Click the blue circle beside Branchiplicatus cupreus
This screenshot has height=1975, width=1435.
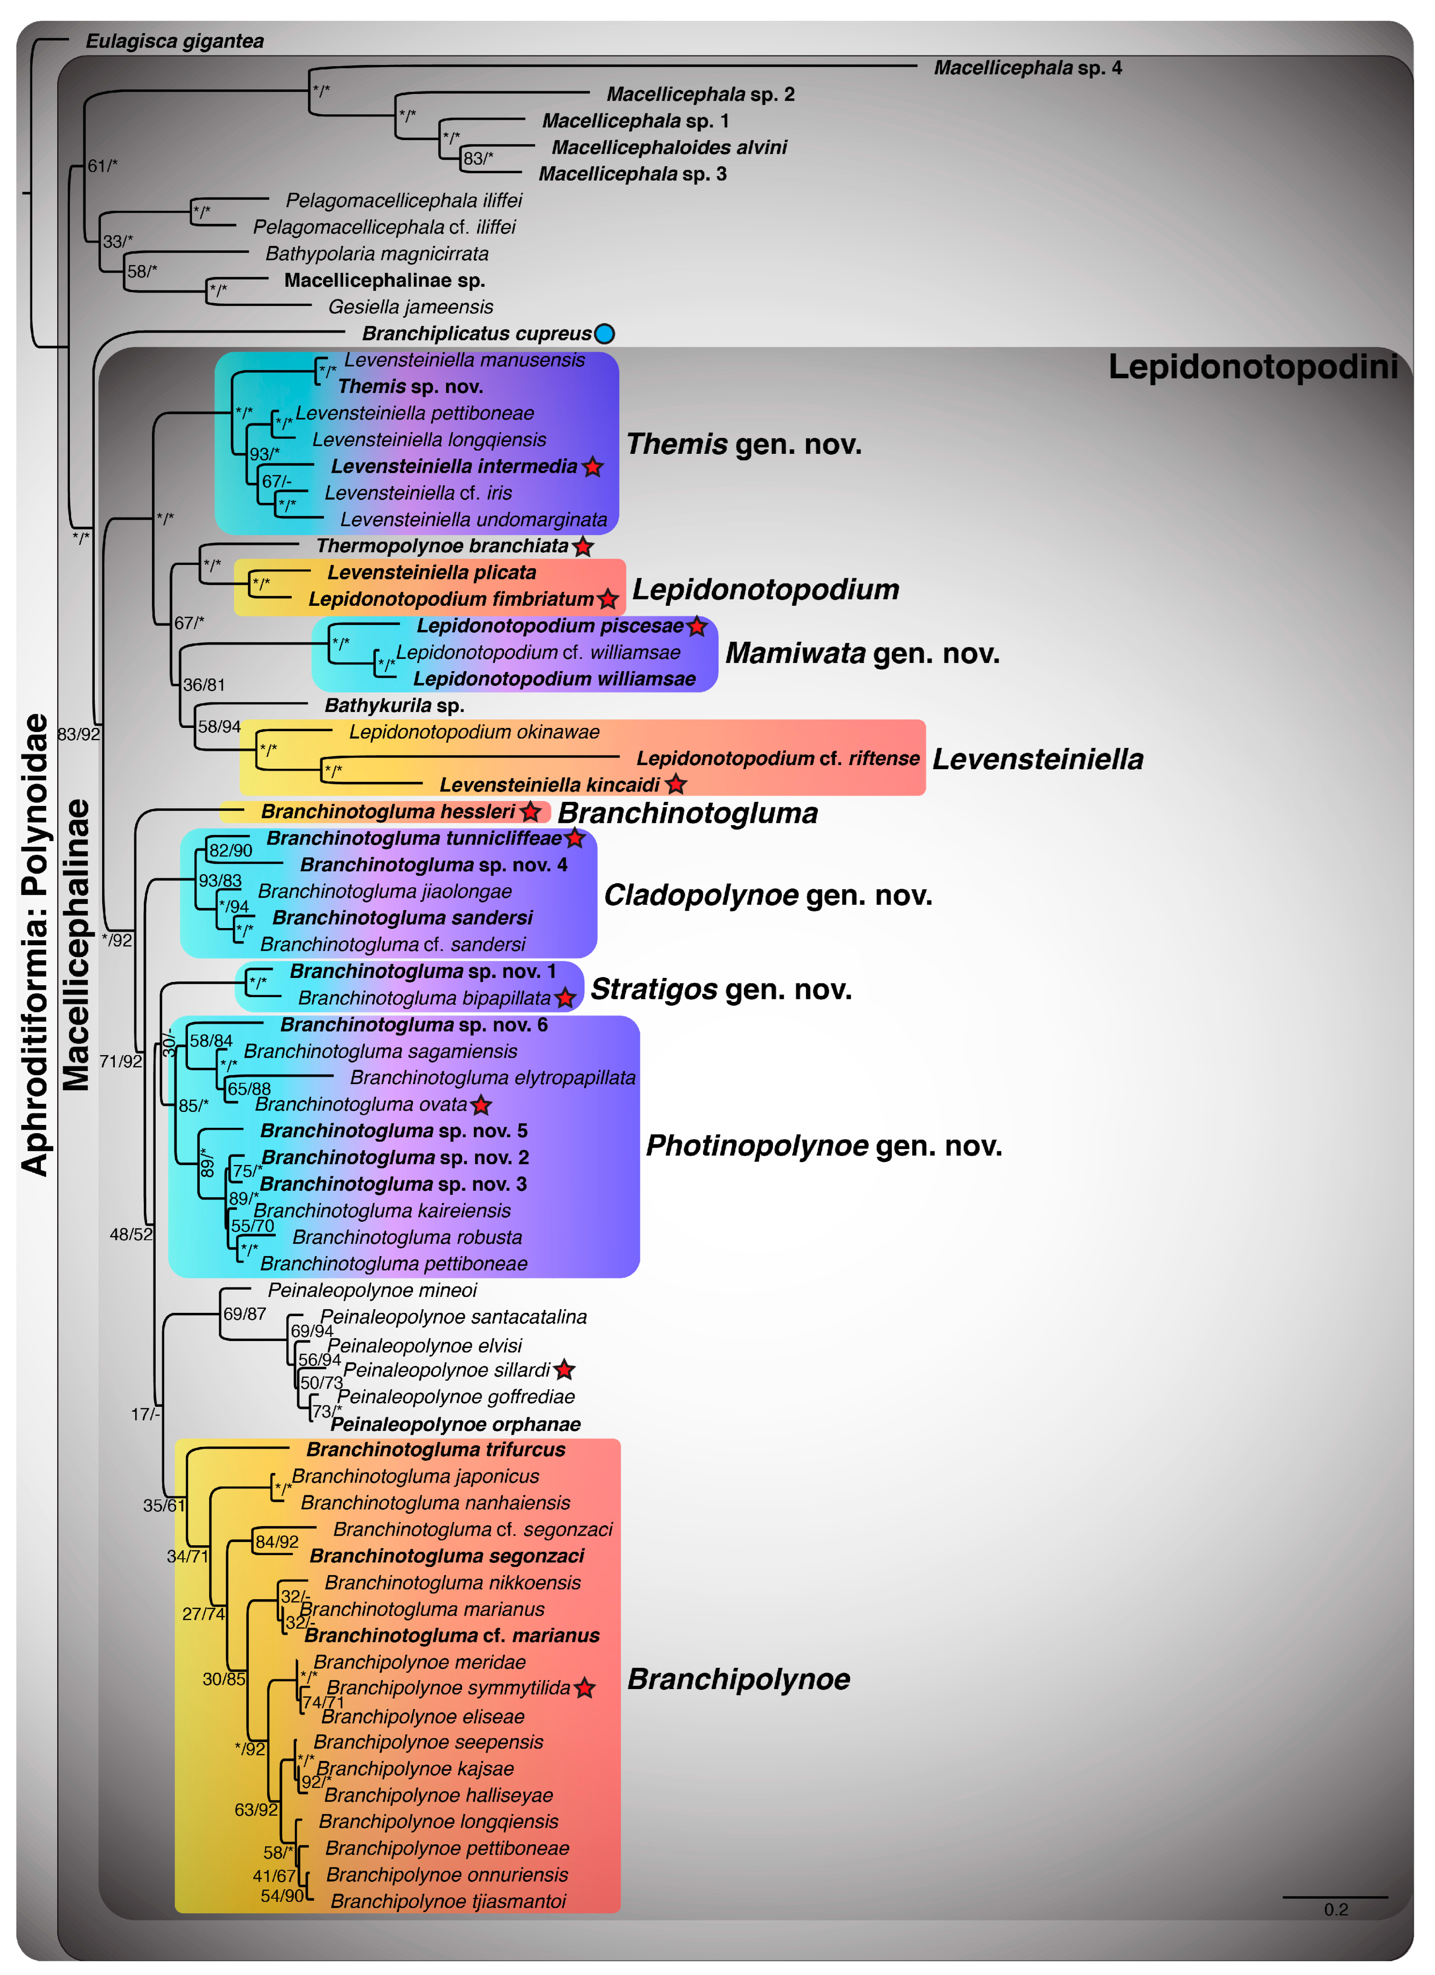[x=604, y=334]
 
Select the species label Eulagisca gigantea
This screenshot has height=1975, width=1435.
[x=174, y=41]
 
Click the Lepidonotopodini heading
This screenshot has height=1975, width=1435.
[x=1252, y=367]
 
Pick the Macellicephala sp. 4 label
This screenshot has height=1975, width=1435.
[x=1027, y=68]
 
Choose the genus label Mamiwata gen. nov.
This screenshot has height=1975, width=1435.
[x=862, y=653]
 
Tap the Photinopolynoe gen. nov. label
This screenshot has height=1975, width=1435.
[x=824, y=1145]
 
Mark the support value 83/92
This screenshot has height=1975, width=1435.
[x=79, y=734]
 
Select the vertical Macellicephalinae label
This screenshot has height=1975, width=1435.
[x=77, y=945]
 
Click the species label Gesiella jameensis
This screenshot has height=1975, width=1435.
[x=410, y=306]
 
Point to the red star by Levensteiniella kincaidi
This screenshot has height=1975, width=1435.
[x=676, y=785]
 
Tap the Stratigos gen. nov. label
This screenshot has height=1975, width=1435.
[x=721, y=989]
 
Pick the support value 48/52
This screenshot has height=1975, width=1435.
[x=131, y=1234]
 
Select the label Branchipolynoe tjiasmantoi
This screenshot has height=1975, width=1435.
[x=447, y=1901]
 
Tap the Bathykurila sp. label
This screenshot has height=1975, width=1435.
[x=393, y=705]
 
